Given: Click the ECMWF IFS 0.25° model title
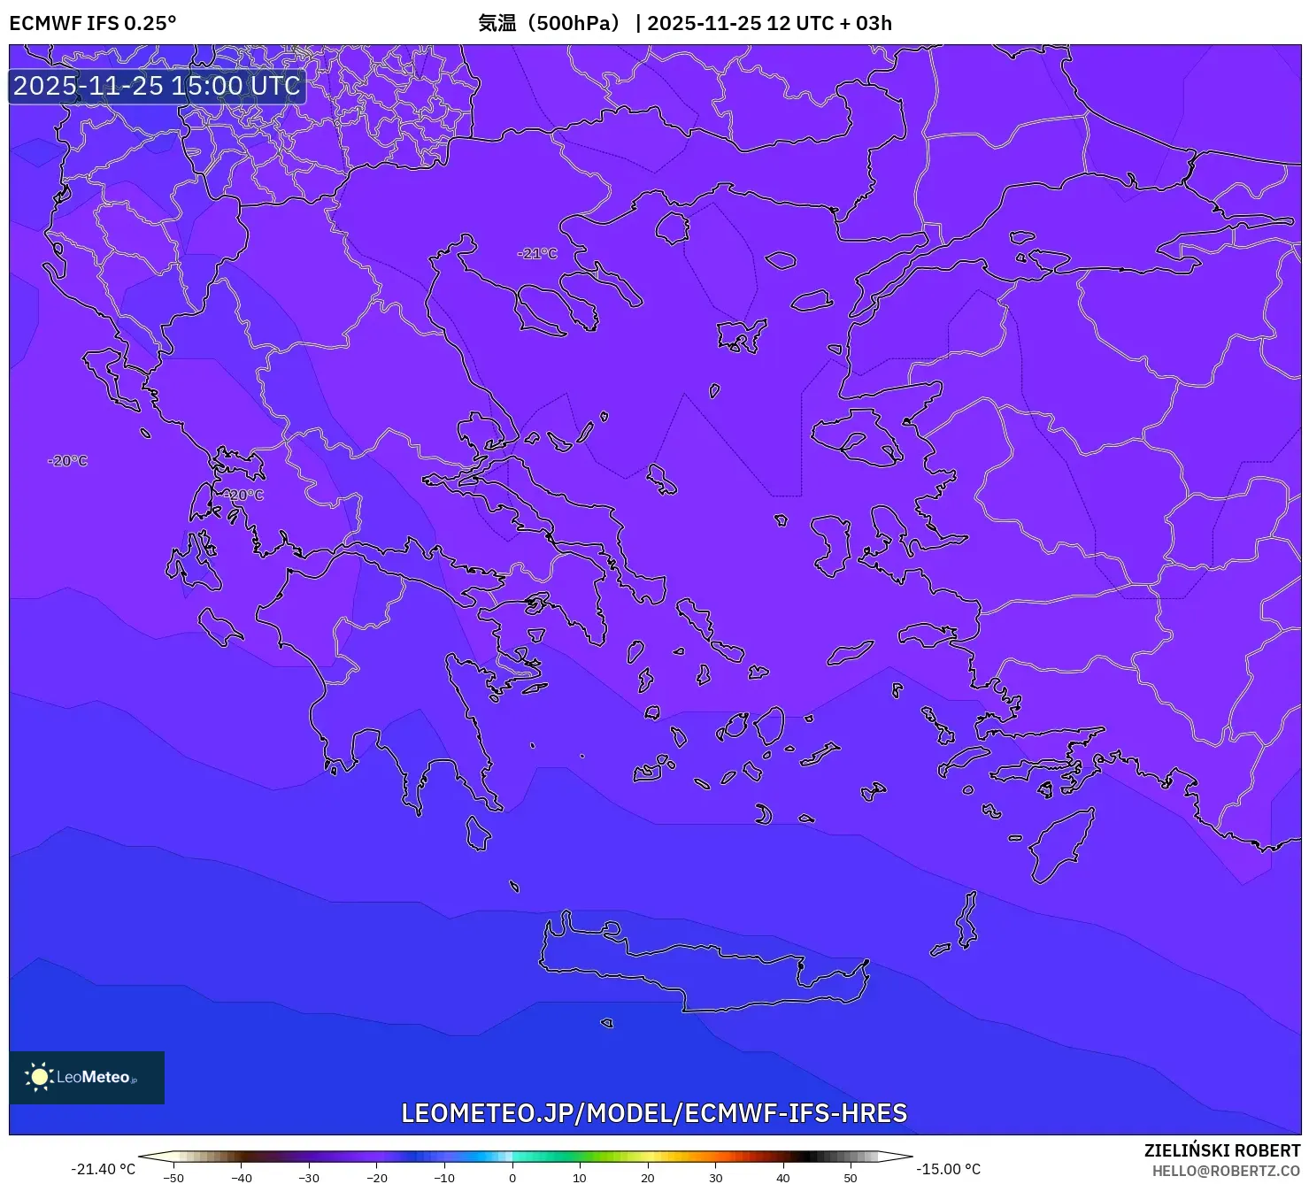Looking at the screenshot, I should click(x=93, y=23).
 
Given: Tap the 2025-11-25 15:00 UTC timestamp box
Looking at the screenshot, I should click(x=157, y=86).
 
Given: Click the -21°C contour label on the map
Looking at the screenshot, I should click(x=537, y=253).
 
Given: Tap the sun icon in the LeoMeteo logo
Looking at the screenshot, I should click(x=39, y=1076).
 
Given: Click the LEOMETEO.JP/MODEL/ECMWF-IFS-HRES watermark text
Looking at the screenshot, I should click(x=654, y=1112).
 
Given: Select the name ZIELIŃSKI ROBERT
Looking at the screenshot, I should click(x=1221, y=1150).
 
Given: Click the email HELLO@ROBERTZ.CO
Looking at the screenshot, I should click(x=1226, y=1171).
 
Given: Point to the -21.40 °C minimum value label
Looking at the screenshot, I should click(x=104, y=1169).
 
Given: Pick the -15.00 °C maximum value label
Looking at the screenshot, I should click(x=948, y=1169).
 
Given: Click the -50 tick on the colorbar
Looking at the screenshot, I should click(x=173, y=1178).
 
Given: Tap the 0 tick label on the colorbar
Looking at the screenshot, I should click(x=512, y=1178).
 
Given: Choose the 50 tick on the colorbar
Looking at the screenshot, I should click(x=851, y=1178).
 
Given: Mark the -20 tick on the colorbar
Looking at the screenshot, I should click(x=377, y=1178).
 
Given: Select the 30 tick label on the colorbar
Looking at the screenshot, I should click(x=715, y=1178).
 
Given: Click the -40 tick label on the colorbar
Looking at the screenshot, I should click(x=242, y=1178).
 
